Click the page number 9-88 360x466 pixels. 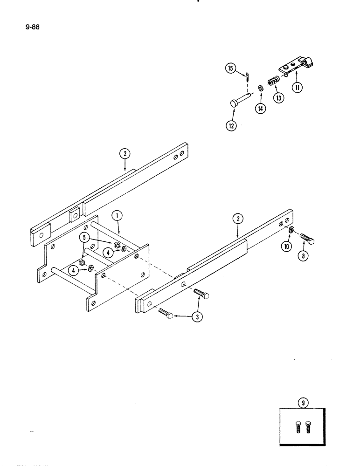click(x=33, y=27)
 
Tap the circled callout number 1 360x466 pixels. click(x=118, y=216)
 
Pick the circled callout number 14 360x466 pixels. click(x=259, y=109)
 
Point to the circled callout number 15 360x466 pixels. click(x=230, y=69)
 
